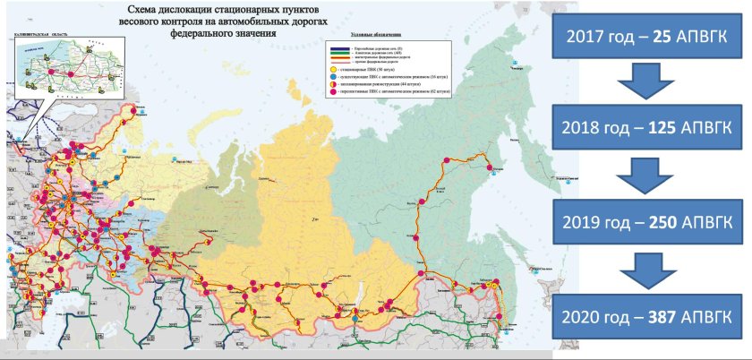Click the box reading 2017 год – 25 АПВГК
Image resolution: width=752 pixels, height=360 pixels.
[x=650, y=37]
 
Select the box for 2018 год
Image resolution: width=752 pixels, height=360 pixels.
[x=650, y=129]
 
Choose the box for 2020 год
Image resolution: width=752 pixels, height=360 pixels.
[x=650, y=315]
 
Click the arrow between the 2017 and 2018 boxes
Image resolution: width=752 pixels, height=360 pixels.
[x=651, y=83]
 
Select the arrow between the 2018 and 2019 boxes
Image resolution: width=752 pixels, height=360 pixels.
[x=651, y=176]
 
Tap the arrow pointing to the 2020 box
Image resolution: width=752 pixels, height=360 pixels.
[x=651, y=269]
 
